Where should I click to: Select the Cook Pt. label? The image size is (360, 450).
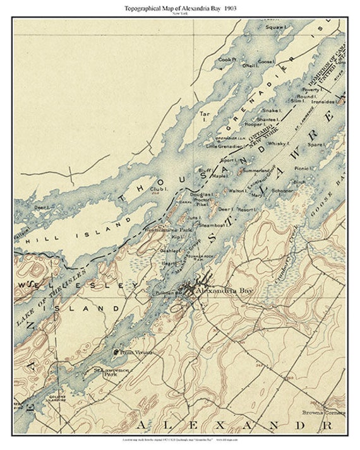coord(227,60)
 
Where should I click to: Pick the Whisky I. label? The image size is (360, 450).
coord(279,144)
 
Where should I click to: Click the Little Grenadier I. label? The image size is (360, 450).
coord(225,146)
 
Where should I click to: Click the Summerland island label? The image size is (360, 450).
coord(256,170)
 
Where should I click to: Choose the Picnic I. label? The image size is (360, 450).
coord(303,169)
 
